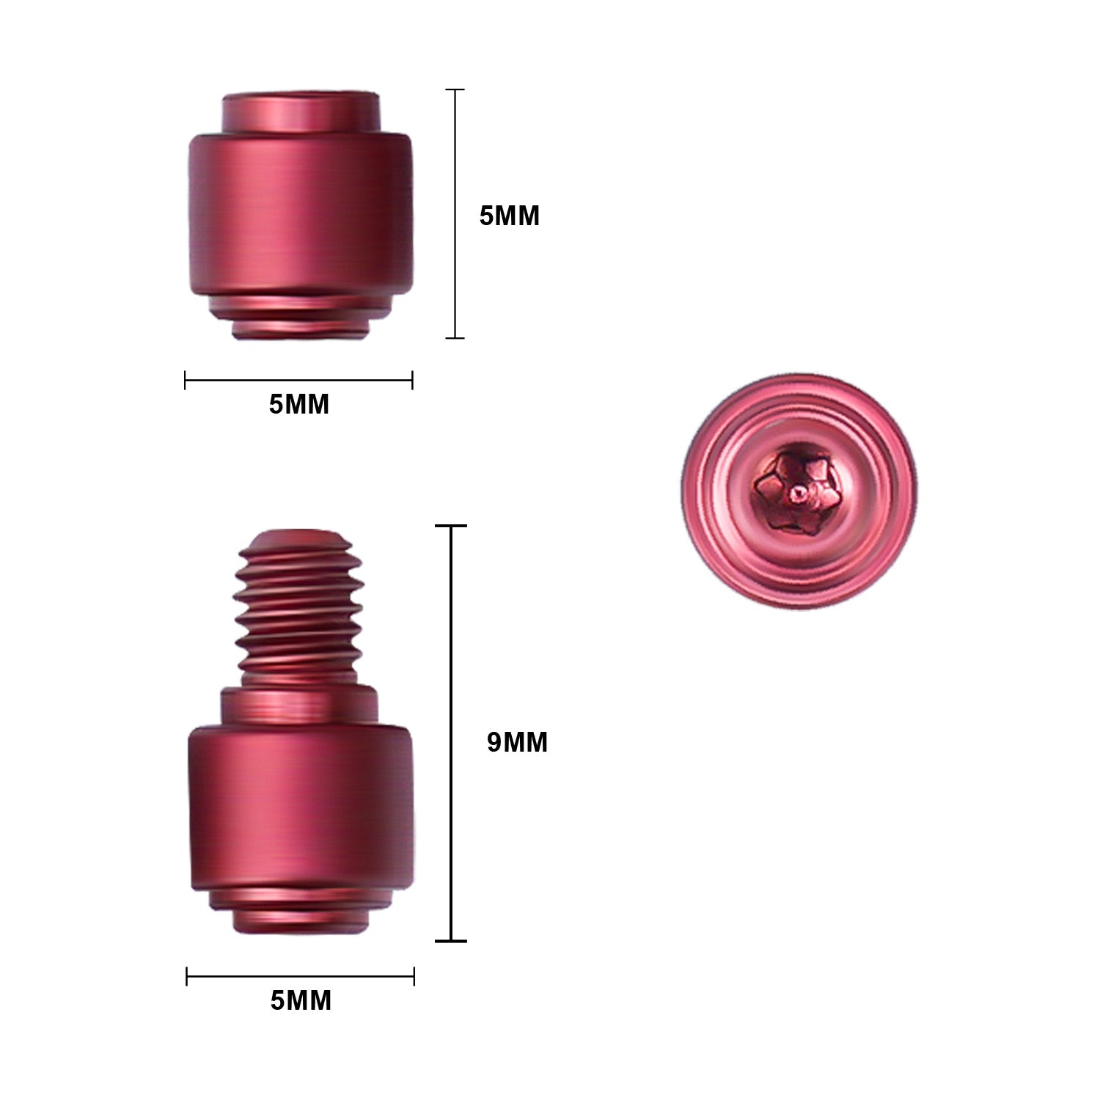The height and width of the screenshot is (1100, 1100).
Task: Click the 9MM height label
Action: pos(517,742)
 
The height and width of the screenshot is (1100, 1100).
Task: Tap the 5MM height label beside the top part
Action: pos(509,216)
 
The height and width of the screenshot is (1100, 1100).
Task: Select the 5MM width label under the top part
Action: pos(298,404)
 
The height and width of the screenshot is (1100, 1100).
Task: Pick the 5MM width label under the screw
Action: pos(301,1000)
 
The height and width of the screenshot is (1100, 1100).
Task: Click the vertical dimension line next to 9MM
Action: pos(451,733)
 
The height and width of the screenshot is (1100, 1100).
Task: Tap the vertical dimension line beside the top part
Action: pos(455,213)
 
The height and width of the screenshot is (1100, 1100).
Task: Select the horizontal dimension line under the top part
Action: pos(298,380)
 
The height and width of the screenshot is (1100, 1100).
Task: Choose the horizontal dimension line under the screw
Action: pos(301,976)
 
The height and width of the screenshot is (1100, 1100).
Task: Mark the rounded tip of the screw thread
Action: pos(298,539)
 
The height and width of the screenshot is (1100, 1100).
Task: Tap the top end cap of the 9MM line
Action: pos(451,526)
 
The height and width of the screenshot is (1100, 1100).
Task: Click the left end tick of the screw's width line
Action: pos(187,976)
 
